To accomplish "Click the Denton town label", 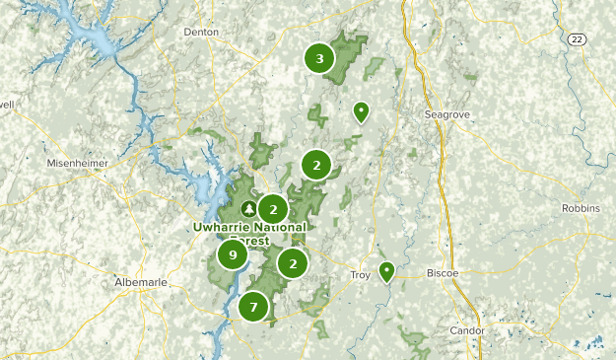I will point(200,32).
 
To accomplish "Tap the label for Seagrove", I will point(447,114).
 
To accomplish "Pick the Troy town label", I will point(361,275).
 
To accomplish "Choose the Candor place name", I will point(466,330).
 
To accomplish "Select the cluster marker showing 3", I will point(319,59).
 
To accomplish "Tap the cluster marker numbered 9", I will point(233,255).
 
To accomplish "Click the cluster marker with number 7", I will point(253,307).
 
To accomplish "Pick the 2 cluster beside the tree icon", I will point(273,209).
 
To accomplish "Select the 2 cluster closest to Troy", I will point(293,263).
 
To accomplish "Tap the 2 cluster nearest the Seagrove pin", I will point(316,166).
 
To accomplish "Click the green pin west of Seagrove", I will point(362,112).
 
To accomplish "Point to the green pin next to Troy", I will point(387,270).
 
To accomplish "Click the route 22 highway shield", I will point(577,37).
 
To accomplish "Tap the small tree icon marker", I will point(248,209).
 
